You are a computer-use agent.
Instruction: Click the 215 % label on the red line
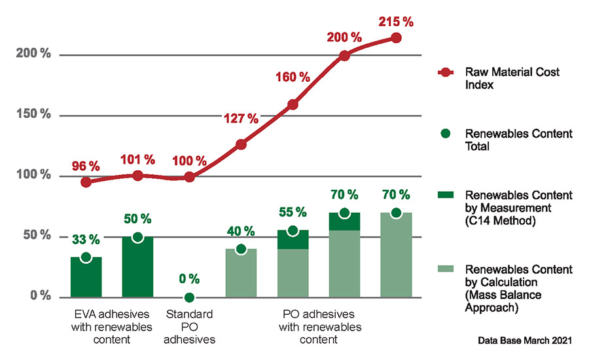point(395,22)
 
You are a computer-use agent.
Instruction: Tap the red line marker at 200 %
point(344,56)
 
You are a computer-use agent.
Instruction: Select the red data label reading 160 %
point(293,77)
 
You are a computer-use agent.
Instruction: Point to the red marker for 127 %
point(241,144)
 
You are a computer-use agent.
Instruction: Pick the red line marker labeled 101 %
point(137,175)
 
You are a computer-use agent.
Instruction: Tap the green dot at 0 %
point(189,297)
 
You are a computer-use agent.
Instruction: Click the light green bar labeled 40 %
point(241,272)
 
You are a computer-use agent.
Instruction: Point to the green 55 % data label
point(293,212)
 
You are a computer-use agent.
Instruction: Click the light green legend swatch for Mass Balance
point(446,269)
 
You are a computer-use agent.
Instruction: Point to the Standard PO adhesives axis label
point(189,326)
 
